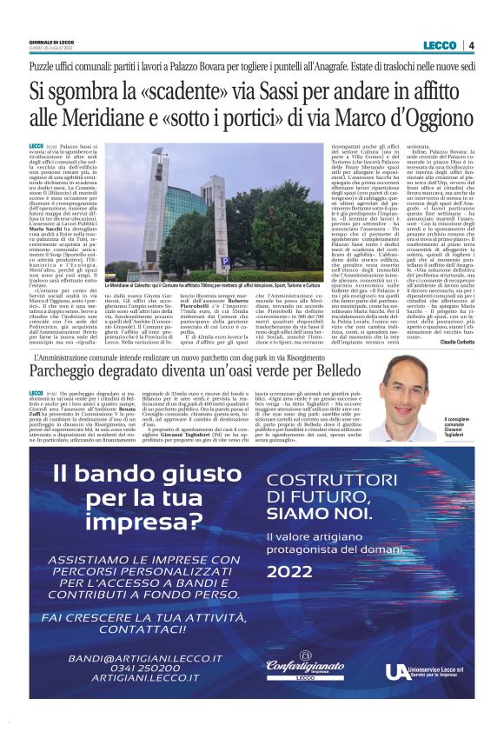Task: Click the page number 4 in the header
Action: [471, 45]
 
